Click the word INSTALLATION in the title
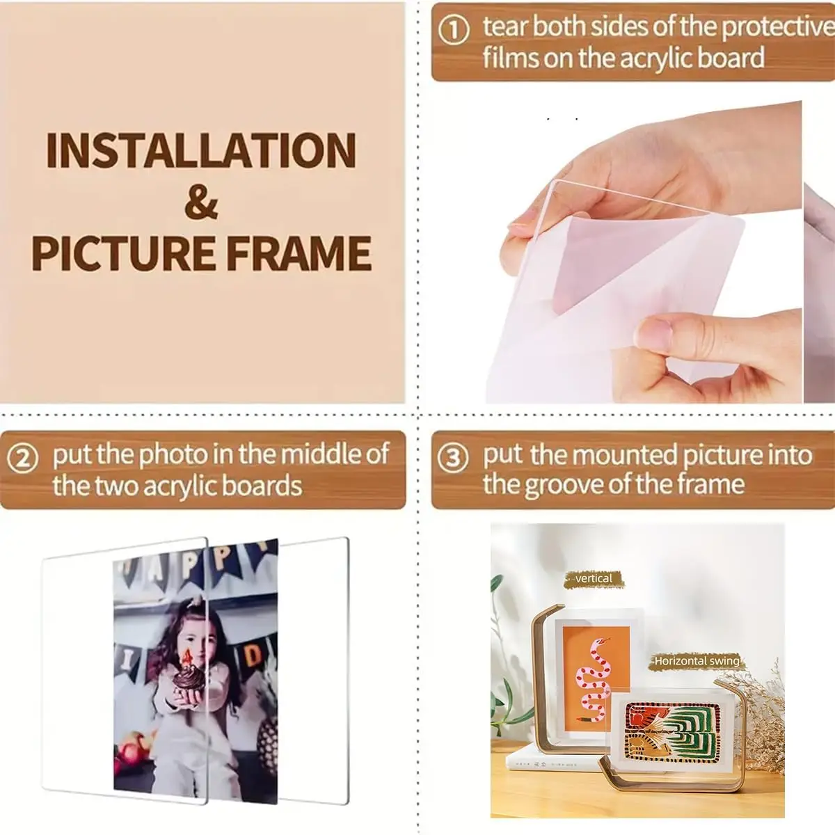click(201, 150)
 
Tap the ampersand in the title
click(201, 202)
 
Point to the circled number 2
click(23, 459)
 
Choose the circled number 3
click(454, 459)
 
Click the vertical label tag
click(594, 579)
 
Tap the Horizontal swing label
click(696, 661)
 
